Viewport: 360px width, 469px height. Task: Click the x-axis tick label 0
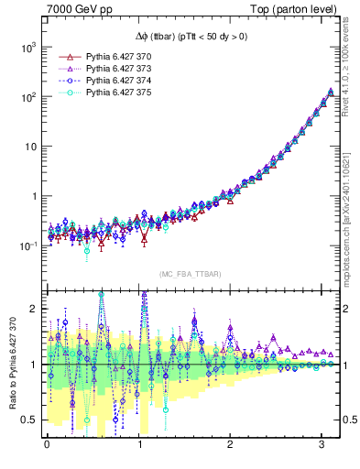coord(47,444)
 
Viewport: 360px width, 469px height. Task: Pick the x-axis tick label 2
coord(230,444)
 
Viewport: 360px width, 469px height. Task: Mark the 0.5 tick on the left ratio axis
coord(32,420)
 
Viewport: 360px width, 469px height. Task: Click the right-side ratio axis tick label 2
coord(348,309)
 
